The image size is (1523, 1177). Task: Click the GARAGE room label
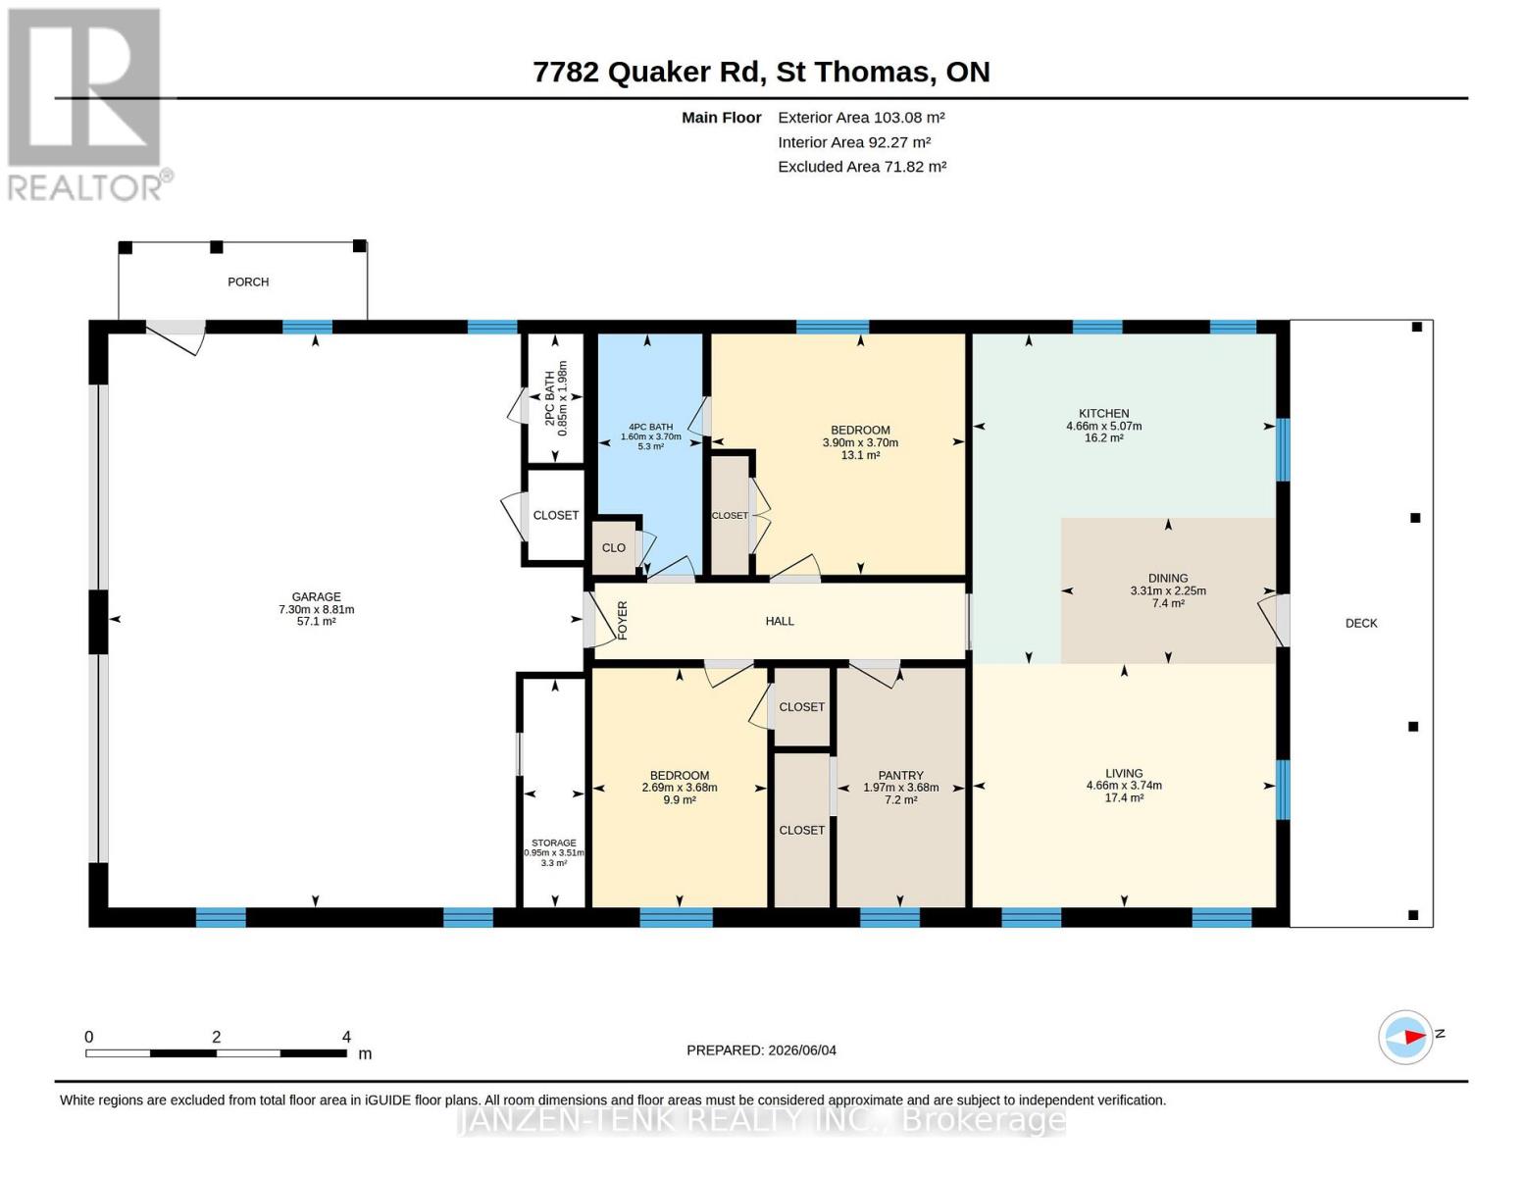click(316, 596)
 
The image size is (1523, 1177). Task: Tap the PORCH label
click(248, 281)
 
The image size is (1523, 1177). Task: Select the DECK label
click(1361, 623)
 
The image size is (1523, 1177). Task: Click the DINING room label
click(1168, 579)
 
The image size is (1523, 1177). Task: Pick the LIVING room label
click(1124, 773)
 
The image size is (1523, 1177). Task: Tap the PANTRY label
click(900, 775)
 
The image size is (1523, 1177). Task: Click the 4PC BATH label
click(650, 427)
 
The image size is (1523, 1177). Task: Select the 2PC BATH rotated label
click(550, 398)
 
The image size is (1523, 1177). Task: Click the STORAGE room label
click(554, 844)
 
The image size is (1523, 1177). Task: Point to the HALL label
click(780, 621)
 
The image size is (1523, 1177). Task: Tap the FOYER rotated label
click(623, 621)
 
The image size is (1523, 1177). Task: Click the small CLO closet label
click(613, 548)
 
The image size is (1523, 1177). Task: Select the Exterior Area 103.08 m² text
click(861, 118)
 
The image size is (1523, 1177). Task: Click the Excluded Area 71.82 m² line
click(862, 167)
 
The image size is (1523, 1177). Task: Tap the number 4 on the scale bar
click(346, 1037)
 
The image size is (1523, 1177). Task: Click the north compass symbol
click(1406, 1038)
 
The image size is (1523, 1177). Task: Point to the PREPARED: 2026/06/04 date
click(761, 1050)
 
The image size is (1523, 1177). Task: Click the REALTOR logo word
click(85, 188)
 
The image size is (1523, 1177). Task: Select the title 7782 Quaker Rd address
click(648, 73)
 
